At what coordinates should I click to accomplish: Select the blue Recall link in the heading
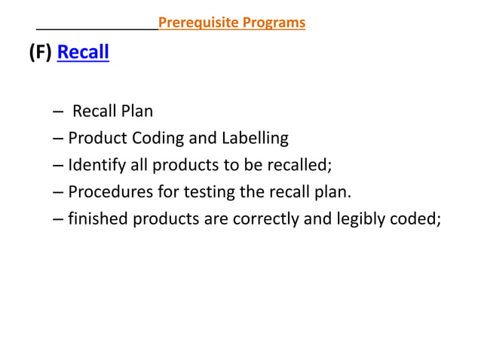(83, 53)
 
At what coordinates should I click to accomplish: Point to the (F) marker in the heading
(39, 53)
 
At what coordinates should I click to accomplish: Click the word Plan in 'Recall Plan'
(136, 111)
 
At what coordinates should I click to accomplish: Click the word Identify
(93, 165)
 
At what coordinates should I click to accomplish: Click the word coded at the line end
(417, 219)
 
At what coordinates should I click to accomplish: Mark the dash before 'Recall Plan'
(59, 112)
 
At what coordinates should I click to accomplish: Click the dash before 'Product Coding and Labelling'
(59, 139)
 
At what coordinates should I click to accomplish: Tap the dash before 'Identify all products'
(59, 166)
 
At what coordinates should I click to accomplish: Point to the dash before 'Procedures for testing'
(59, 193)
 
